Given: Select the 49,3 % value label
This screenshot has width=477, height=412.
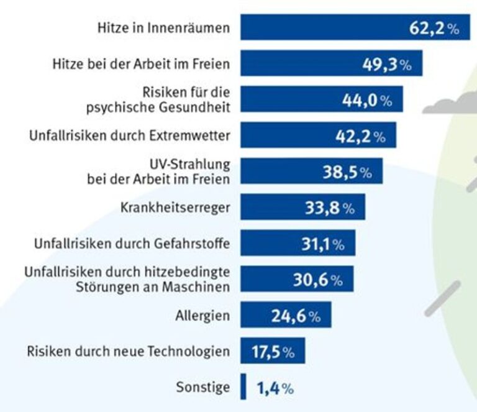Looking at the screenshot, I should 386,64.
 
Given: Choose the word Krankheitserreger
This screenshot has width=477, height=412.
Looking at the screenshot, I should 175,208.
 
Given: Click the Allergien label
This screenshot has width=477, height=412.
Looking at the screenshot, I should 202,316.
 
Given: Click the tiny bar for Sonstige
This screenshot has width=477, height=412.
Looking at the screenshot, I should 243,388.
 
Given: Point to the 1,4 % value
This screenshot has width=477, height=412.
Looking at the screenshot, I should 275,389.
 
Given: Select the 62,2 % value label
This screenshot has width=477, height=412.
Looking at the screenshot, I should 434,28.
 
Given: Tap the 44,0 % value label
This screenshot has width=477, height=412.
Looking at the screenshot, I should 367,100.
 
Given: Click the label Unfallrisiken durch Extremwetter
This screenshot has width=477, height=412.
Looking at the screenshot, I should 129,135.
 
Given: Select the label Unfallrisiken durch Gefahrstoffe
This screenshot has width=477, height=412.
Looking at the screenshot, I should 131,244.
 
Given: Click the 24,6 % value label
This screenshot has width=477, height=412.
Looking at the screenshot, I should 296,316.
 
